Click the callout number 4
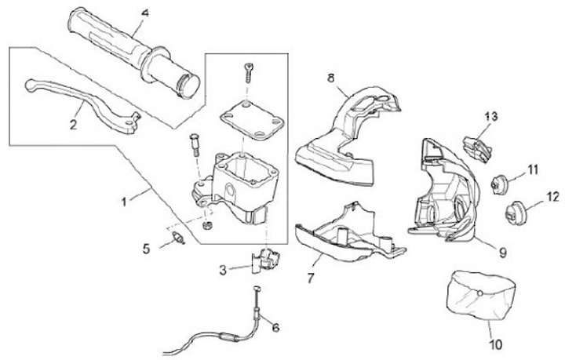[145, 13]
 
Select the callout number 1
[123, 202]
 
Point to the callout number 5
[146, 249]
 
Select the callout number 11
[533, 169]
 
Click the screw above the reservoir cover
[247, 72]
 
